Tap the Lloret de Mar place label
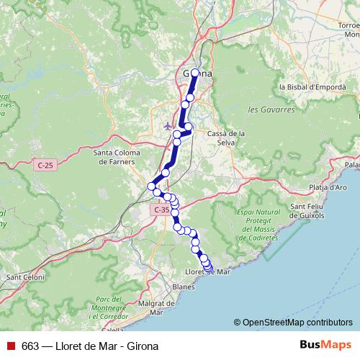click(x=207, y=272)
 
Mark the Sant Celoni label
click(x=25, y=276)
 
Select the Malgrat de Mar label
click(x=151, y=307)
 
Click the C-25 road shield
click(x=45, y=166)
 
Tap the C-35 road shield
click(x=160, y=210)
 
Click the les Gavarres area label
click(x=271, y=110)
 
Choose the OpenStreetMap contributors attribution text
click(x=293, y=323)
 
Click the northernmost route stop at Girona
click(x=195, y=73)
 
